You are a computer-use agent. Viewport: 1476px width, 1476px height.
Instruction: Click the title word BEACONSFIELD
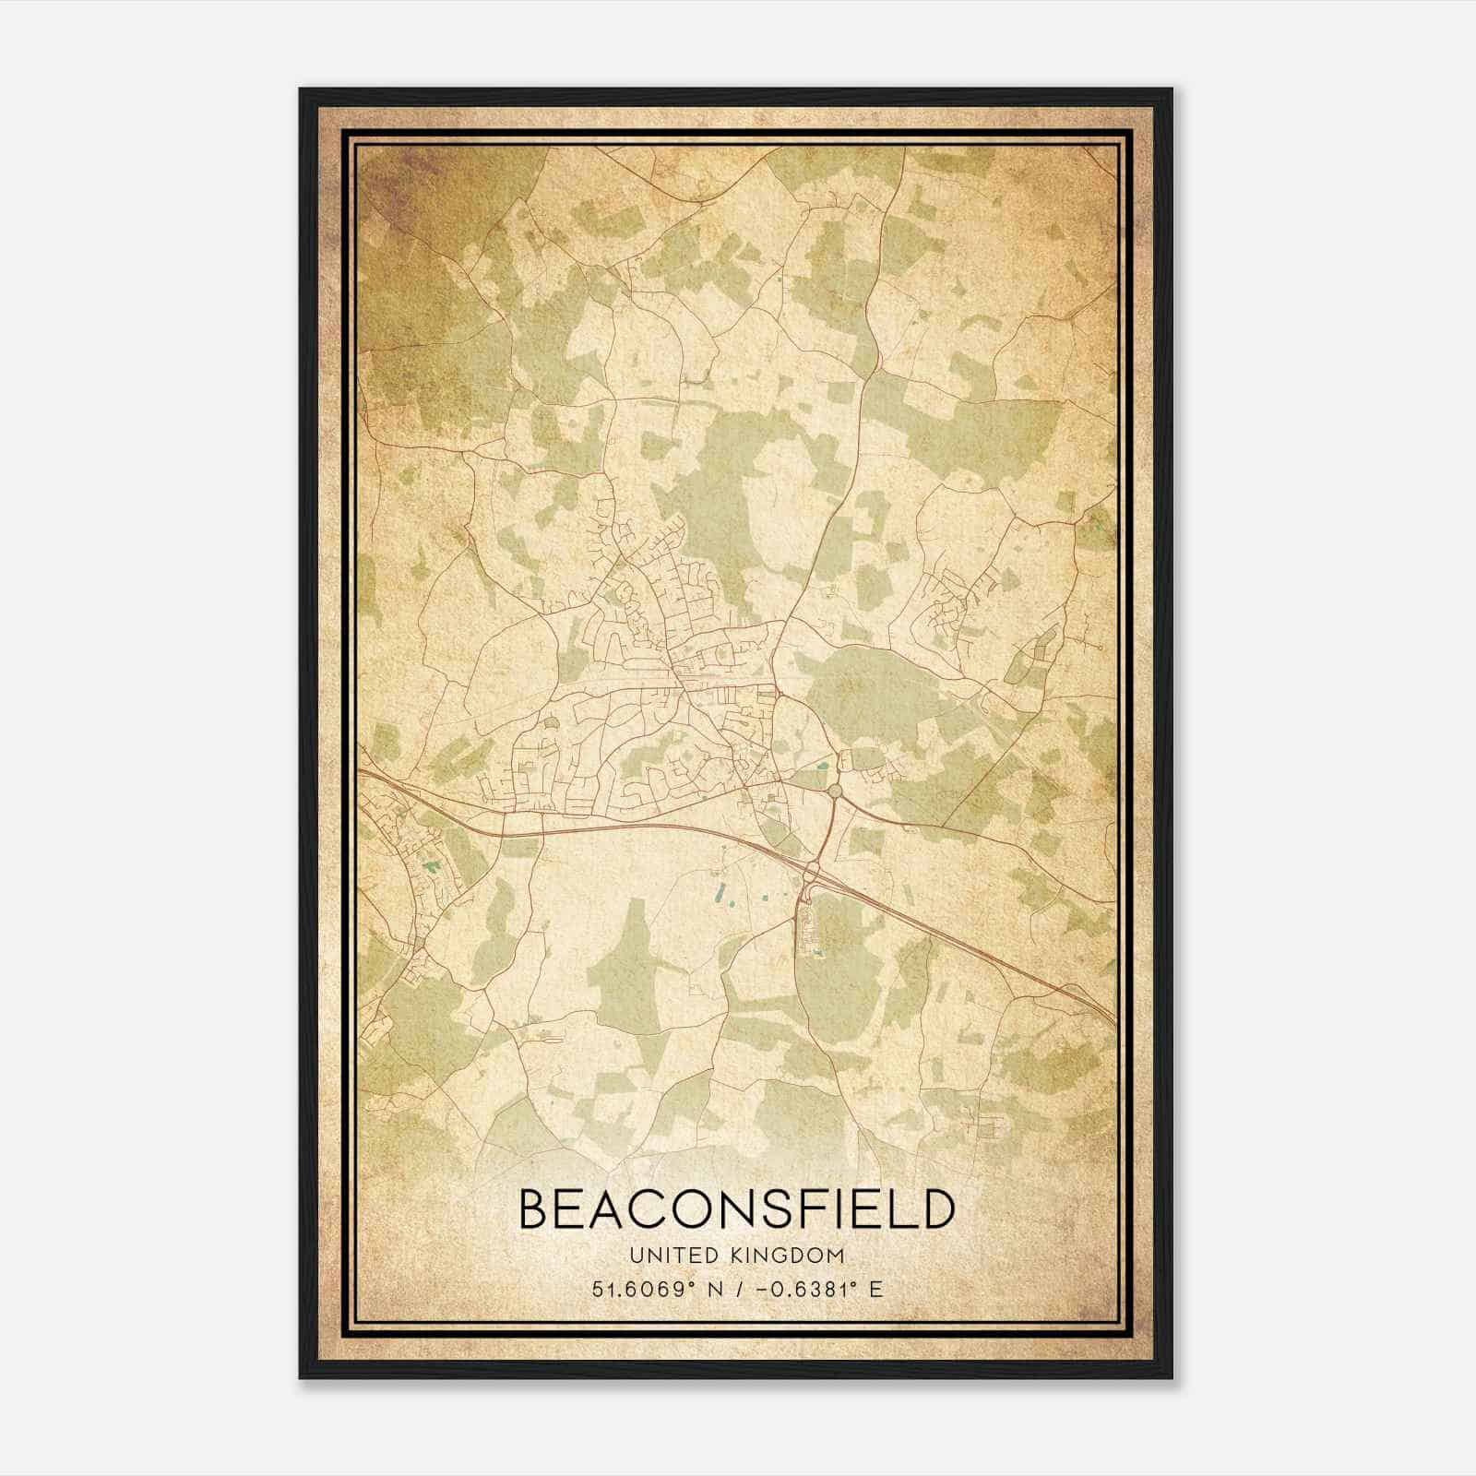coord(735,1208)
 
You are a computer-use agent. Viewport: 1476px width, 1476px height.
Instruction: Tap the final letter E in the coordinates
coord(875,1289)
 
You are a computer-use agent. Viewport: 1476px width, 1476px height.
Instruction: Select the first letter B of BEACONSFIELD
coord(536,1208)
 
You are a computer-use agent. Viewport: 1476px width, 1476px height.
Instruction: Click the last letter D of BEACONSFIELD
coord(934,1208)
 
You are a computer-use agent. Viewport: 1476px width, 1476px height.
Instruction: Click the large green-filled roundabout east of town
coord(835,791)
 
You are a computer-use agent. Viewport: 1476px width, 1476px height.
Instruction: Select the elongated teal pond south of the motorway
coord(720,893)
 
